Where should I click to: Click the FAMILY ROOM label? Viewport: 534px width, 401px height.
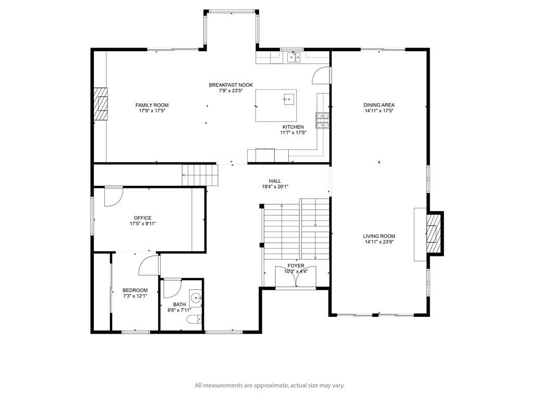click(x=152, y=105)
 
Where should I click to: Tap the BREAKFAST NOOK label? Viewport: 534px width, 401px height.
click(x=230, y=85)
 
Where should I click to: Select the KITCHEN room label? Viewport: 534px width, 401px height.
click(x=293, y=127)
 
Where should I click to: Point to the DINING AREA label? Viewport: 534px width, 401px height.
click(x=379, y=105)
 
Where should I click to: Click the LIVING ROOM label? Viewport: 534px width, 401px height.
click(x=379, y=236)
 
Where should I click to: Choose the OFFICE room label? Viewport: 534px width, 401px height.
click(x=143, y=218)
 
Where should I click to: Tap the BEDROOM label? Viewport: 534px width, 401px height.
click(x=135, y=290)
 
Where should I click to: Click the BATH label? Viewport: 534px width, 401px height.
click(x=179, y=304)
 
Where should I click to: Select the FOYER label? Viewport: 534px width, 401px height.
click(x=296, y=266)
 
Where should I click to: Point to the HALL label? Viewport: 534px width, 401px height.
click(x=275, y=181)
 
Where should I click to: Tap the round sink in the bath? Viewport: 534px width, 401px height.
click(x=196, y=297)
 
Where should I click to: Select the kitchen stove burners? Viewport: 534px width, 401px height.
click(x=322, y=121)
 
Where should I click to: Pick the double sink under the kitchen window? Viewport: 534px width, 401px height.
click(x=294, y=57)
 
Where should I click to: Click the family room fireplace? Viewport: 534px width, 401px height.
click(x=101, y=104)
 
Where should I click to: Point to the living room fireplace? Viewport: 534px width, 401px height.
click(x=435, y=233)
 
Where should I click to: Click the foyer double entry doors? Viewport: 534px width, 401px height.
click(x=296, y=277)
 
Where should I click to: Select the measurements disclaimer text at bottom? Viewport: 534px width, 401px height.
click(x=270, y=386)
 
